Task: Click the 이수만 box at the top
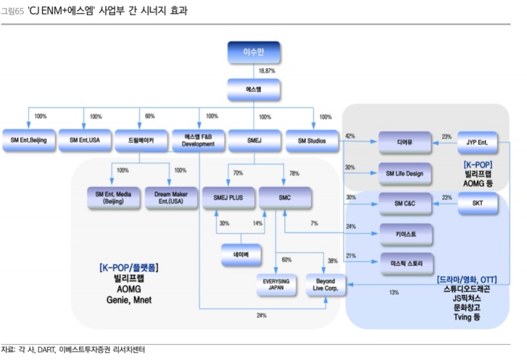pyautogui.click(x=254, y=53)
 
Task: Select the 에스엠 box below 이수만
pyautogui.click(x=254, y=89)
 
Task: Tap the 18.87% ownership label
pyautogui.click(x=267, y=70)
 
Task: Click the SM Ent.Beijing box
pyautogui.click(x=28, y=140)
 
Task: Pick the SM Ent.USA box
pyautogui.click(x=84, y=140)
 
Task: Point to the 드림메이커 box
pyautogui.click(x=140, y=140)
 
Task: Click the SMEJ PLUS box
pyautogui.click(x=228, y=197)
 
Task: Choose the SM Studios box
pyautogui.click(x=312, y=140)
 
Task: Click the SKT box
pyautogui.click(x=477, y=203)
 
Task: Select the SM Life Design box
pyautogui.click(x=404, y=173)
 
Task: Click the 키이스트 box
pyautogui.click(x=404, y=233)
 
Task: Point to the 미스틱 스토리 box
pyautogui.click(x=404, y=263)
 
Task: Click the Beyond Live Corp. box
pyautogui.click(x=325, y=284)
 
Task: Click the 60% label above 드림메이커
pyautogui.click(x=150, y=116)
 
